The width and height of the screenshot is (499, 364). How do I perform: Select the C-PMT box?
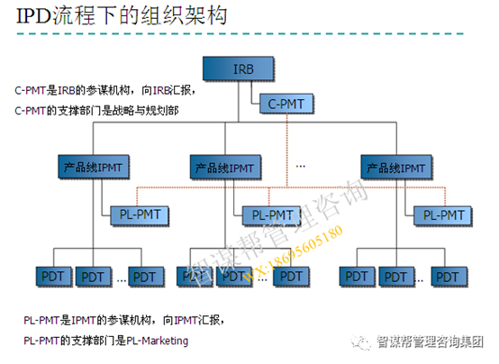click(x=286, y=104)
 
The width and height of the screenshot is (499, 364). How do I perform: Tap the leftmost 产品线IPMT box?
click(x=93, y=168)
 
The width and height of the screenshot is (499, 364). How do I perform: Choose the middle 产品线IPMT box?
click(x=226, y=168)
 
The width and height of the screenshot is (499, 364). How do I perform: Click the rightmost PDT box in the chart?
click(x=448, y=275)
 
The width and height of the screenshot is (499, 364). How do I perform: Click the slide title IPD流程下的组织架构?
click(x=121, y=16)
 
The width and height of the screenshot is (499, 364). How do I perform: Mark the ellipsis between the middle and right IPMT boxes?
click(x=301, y=166)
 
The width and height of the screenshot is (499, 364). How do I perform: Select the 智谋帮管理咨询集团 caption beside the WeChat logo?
click(x=430, y=343)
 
